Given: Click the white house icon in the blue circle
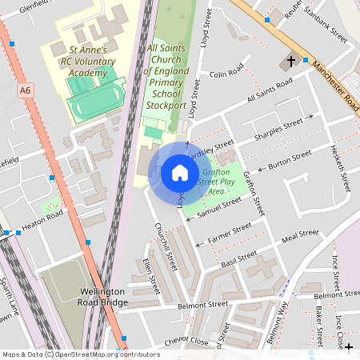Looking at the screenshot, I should pyautogui.click(x=180, y=173).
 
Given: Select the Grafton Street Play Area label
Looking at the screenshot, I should pyautogui.click(x=217, y=182).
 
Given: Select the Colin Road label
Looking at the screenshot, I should pyautogui.click(x=226, y=74).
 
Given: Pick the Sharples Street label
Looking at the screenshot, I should pyautogui.click(x=278, y=128).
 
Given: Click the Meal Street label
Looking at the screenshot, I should pyautogui.click(x=301, y=235).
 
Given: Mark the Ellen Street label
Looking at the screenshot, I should pyautogui.click(x=147, y=270).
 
